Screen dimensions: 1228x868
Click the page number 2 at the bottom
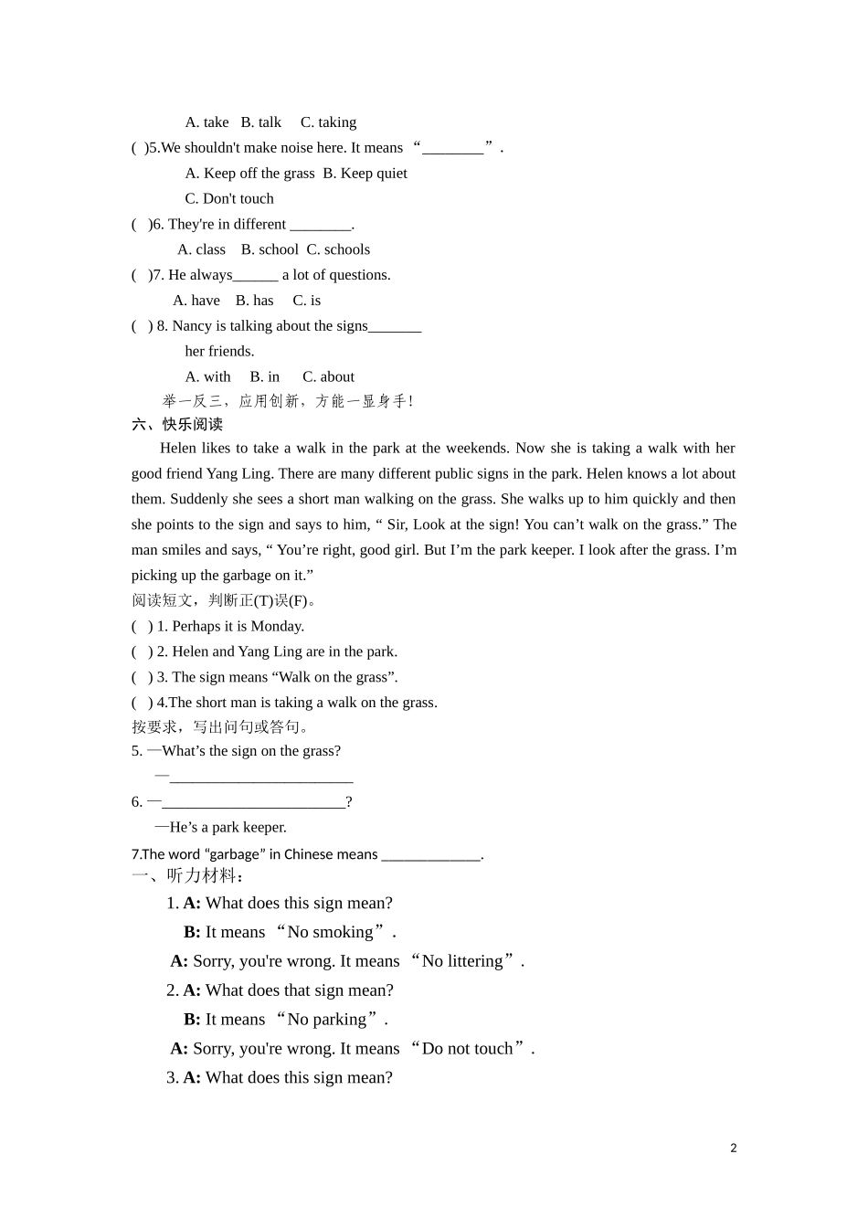[733, 1148]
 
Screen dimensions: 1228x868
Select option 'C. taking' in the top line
[328, 122]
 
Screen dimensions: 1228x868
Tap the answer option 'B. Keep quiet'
[365, 174]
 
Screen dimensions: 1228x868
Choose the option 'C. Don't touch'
[229, 199]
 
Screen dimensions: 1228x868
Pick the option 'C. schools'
[338, 249]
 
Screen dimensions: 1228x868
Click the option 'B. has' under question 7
[254, 301]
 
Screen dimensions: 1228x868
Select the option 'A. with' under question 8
[207, 376]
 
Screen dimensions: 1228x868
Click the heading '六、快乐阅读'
[177, 424]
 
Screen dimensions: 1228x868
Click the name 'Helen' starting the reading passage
[178, 448]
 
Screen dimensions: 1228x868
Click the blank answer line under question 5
[261, 778]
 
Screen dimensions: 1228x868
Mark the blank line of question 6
[254, 804]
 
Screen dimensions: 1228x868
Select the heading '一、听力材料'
[187, 876]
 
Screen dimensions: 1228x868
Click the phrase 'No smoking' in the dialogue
[330, 932]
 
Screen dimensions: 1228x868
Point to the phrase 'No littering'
[462, 961]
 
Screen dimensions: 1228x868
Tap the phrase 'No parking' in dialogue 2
[326, 1020]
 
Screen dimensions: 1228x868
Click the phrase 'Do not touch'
[468, 1049]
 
